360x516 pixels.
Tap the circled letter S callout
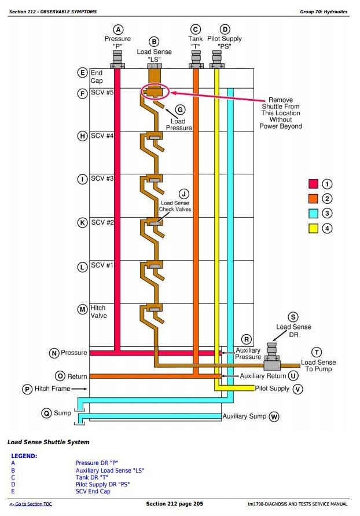[293, 317]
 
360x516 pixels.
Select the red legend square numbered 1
[313, 184]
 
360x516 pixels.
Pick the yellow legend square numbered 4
[313, 228]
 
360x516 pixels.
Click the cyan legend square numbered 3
[313, 213]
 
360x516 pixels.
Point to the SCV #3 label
[102, 178]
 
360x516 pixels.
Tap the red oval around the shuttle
[155, 92]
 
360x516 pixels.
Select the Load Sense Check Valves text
[176, 206]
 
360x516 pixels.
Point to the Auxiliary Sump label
[244, 416]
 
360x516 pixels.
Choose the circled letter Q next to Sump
[46, 413]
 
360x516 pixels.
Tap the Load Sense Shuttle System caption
[48, 442]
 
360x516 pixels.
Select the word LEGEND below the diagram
[24, 456]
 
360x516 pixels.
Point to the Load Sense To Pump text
[318, 366]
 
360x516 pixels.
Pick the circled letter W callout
[274, 416]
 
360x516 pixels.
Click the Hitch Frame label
[52, 389]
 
